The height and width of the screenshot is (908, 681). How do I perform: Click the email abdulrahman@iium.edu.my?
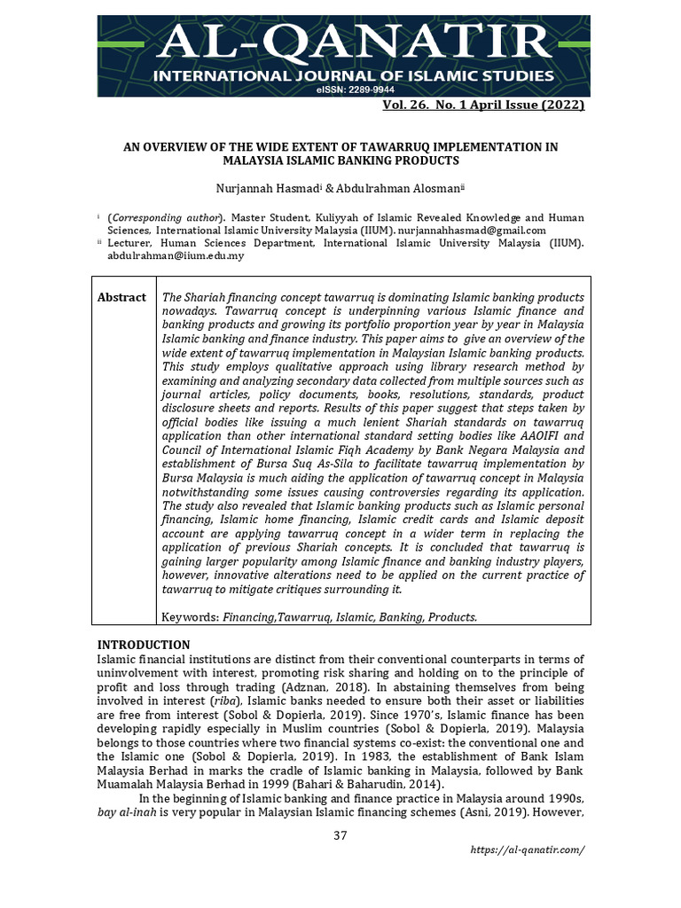[176, 255]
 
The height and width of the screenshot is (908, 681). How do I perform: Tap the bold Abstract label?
[121, 297]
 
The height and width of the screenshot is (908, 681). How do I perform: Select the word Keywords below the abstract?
[191, 616]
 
